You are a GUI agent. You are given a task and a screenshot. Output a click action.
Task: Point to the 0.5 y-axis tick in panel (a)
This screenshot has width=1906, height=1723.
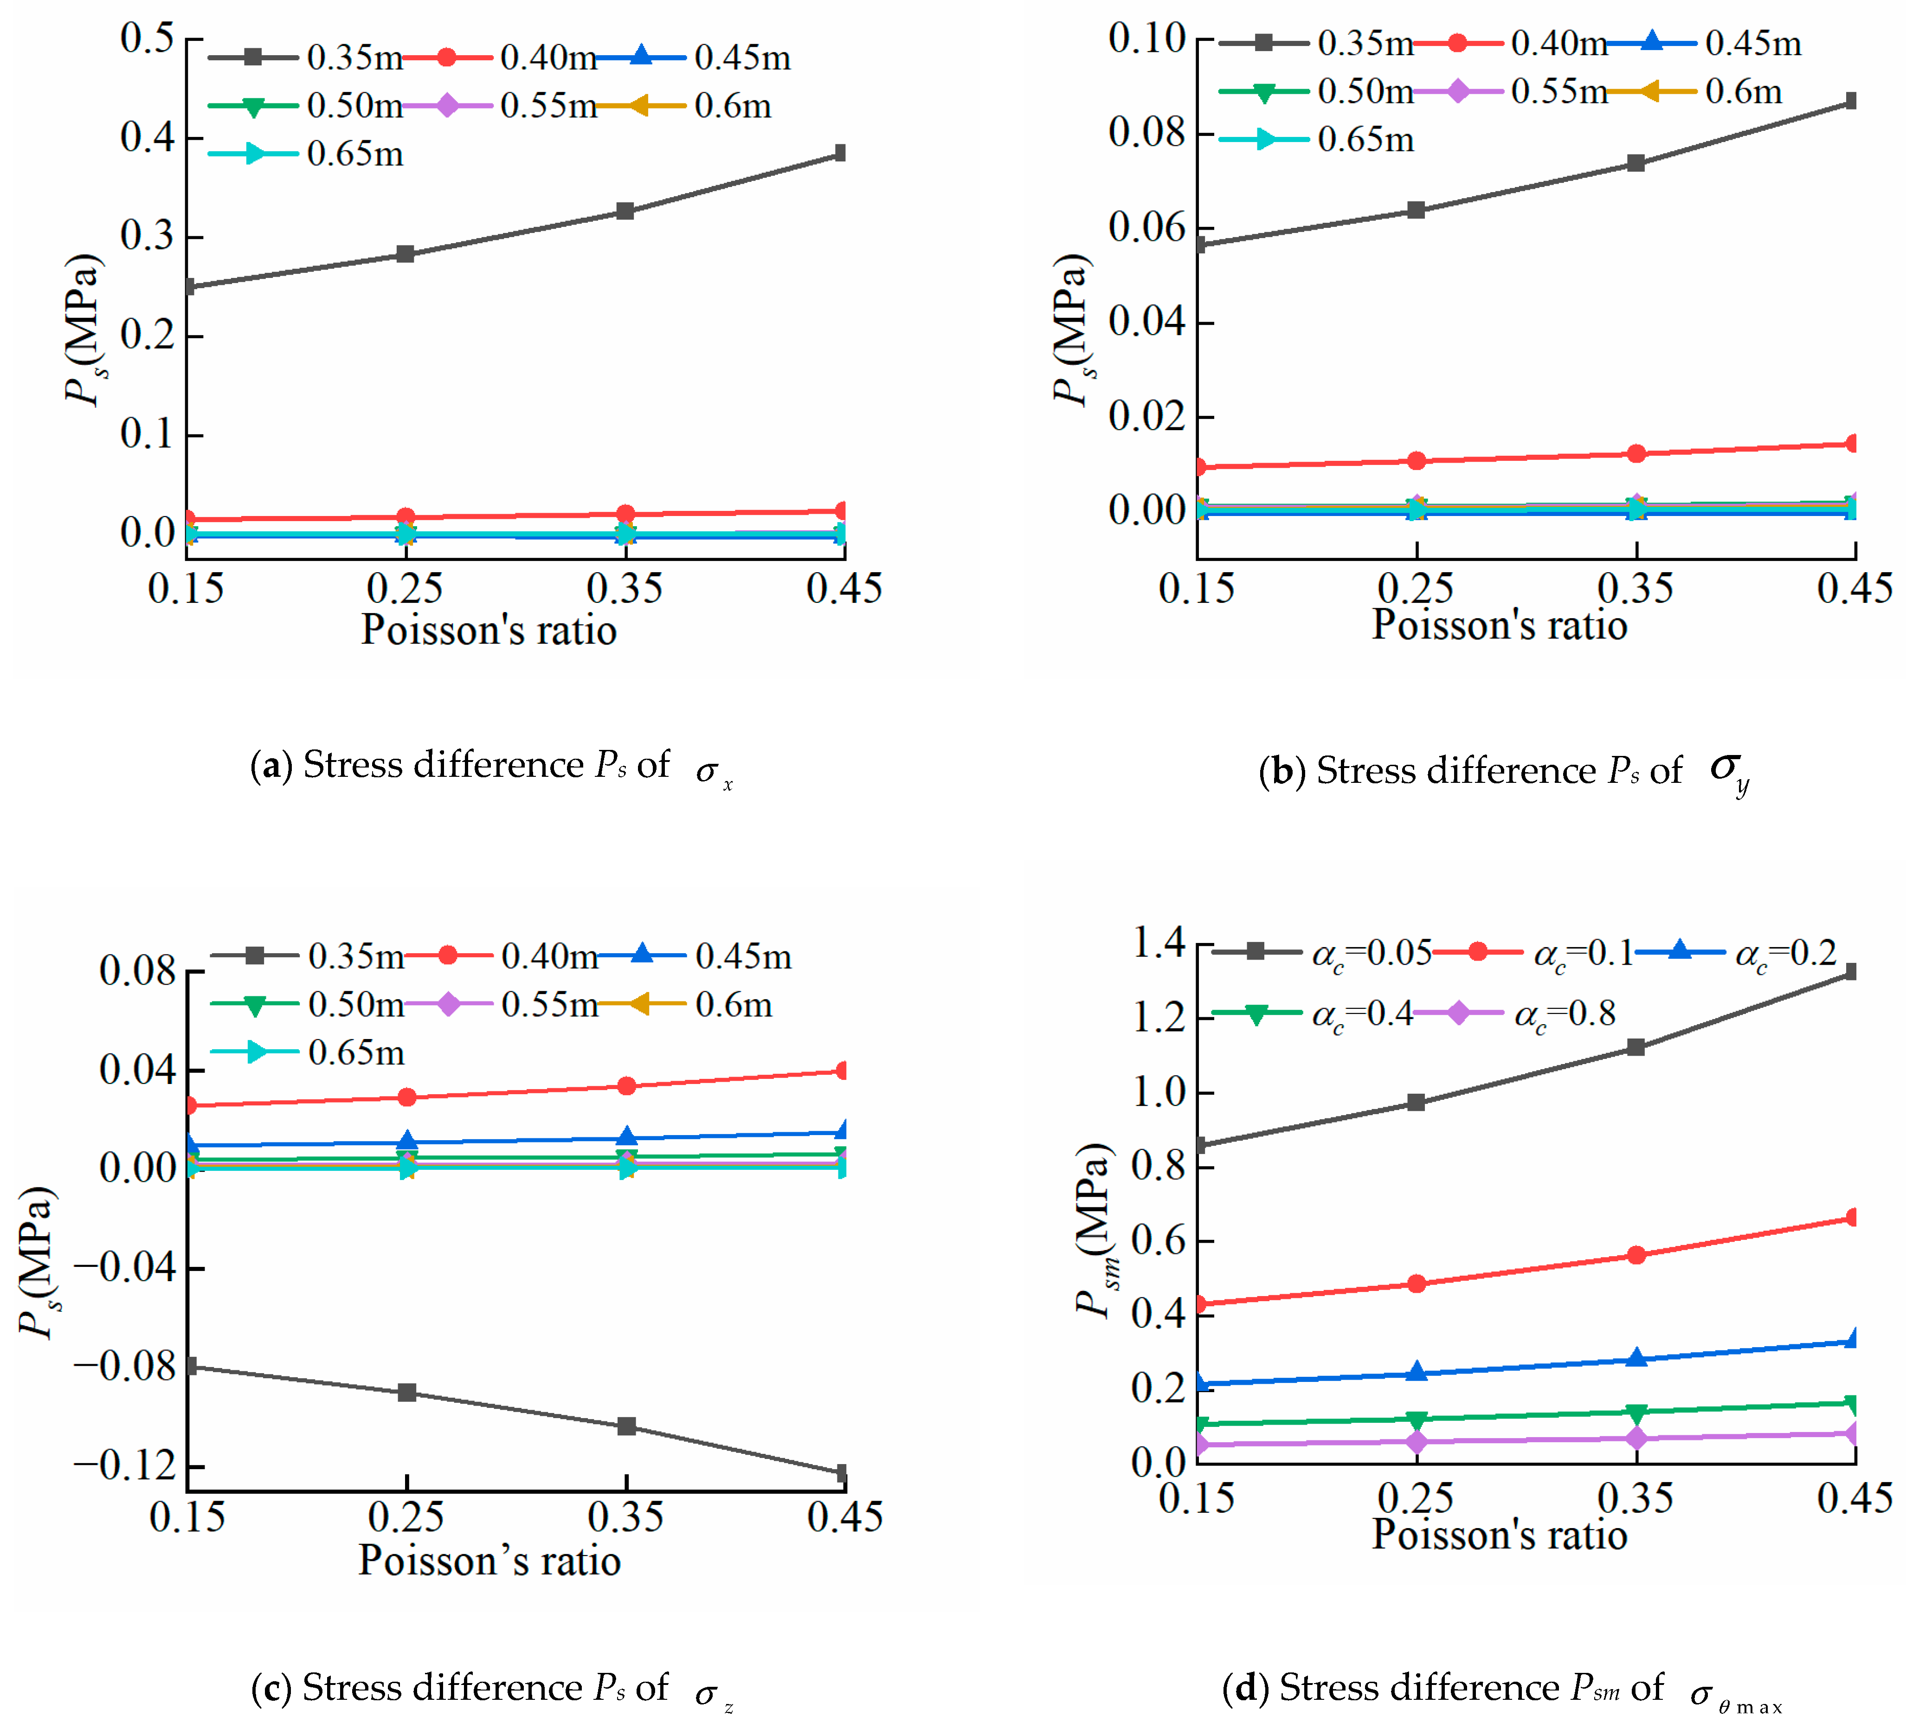pyautogui.click(x=148, y=39)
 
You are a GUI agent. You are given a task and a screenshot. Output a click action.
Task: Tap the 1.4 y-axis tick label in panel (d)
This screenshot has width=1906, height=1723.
pyautogui.click(x=1158, y=943)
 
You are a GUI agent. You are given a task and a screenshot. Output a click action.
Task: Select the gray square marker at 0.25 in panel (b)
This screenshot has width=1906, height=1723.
pyautogui.click(x=1415, y=210)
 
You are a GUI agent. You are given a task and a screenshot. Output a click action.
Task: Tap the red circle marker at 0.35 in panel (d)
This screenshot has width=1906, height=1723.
pyautogui.click(x=1636, y=1255)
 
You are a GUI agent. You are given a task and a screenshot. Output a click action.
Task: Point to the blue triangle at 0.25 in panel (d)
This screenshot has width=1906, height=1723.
pyautogui.click(x=1415, y=1372)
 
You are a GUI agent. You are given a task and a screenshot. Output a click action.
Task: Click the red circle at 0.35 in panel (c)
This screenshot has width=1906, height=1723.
pyautogui.click(x=626, y=1085)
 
